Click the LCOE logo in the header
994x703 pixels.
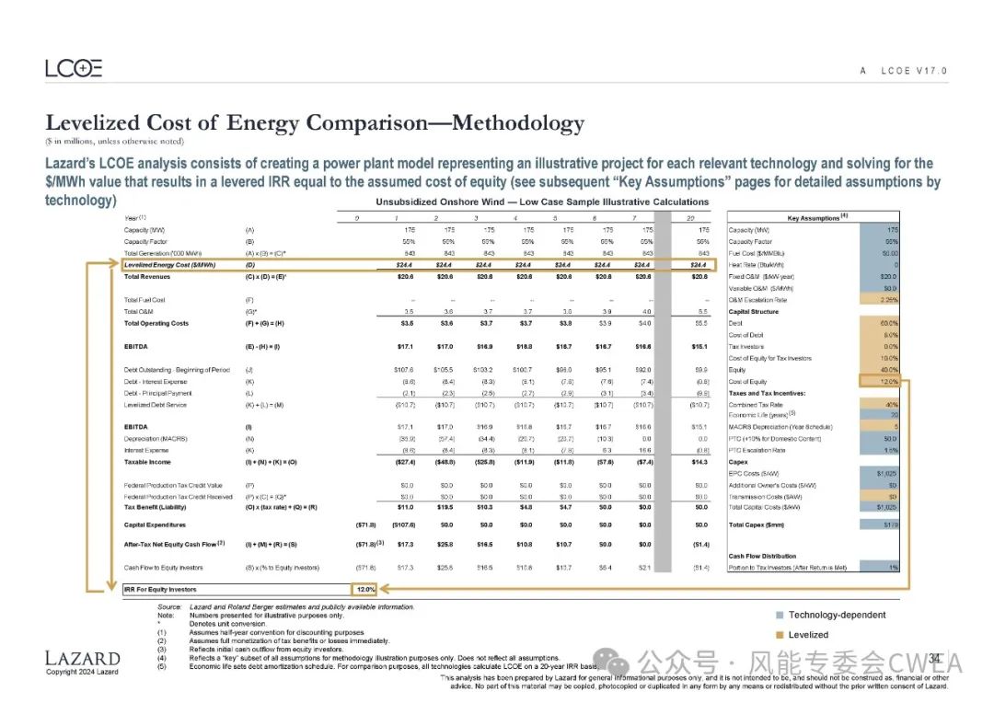coord(74,68)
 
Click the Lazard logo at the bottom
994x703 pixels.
coord(83,659)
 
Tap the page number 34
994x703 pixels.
coord(933,658)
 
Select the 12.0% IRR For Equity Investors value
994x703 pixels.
coord(365,589)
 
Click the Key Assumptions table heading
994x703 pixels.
coord(814,217)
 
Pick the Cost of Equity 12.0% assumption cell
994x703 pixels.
coord(880,381)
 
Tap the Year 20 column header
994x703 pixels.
coord(704,218)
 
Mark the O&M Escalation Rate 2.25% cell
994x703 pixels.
coord(880,300)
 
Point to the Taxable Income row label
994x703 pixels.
coord(149,462)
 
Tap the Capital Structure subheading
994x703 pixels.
coord(753,312)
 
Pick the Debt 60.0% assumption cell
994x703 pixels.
coord(880,323)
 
